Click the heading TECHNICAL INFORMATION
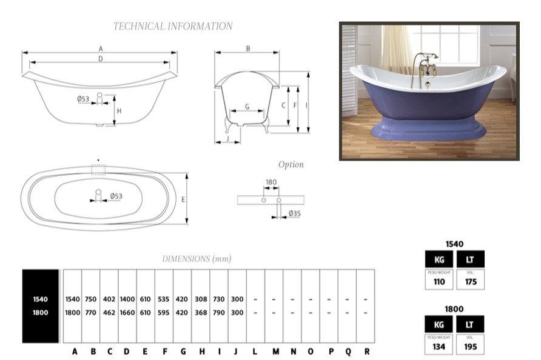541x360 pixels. pos(173,26)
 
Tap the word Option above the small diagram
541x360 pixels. pos(291,165)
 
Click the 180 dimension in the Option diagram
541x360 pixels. pos(271,182)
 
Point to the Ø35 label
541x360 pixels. pos(295,213)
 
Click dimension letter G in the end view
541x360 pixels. pos(247,107)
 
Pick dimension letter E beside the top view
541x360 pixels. pos(183,199)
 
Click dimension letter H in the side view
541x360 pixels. pos(119,111)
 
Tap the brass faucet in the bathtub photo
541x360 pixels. pos(425,67)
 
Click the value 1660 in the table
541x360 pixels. pos(127,313)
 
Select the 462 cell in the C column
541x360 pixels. pos(109,313)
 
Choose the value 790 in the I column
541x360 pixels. pos(219,313)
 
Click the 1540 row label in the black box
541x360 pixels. pos(41,299)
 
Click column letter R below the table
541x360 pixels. pos(366,351)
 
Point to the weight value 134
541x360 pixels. pos(439,347)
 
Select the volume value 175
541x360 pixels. pos(470,282)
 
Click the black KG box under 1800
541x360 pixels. pos(439,324)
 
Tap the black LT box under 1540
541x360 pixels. pos(470,259)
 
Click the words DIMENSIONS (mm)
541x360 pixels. pos(197,259)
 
